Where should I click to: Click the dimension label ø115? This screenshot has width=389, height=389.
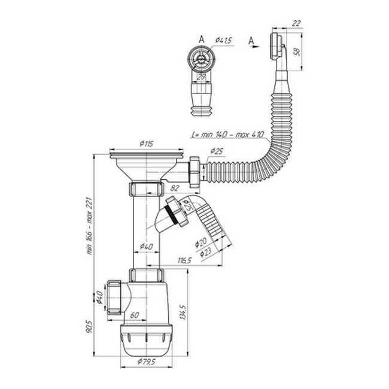click(x=147, y=144)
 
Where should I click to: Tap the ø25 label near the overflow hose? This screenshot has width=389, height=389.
click(x=217, y=150)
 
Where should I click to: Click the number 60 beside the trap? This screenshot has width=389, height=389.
click(x=135, y=315)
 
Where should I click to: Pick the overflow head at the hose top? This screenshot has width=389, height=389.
click(x=275, y=47)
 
